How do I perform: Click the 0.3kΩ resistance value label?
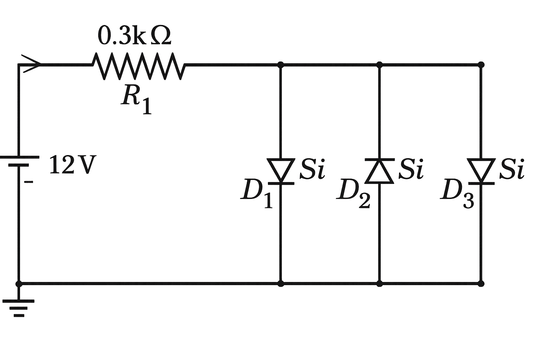134,36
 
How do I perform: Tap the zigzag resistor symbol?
138,66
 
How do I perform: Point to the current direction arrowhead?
32,64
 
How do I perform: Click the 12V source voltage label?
72,165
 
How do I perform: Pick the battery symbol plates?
19,161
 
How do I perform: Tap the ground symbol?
19,308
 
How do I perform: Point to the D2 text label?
353,193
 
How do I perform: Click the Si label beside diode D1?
312,169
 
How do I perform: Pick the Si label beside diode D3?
512,169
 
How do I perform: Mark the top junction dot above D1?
281,65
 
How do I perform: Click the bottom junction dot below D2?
379,283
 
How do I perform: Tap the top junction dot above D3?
481,65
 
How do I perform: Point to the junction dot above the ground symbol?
19,283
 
